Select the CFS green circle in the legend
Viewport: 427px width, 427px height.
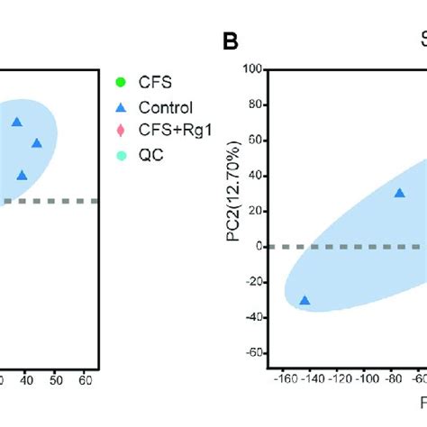click(x=120, y=84)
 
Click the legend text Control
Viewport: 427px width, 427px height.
click(x=166, y=107)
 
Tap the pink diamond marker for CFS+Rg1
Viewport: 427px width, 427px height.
click(x=120, y=131)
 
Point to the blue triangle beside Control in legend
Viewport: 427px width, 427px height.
click(x=120, y=107)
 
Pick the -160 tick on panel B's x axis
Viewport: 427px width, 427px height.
click(x=284, y=379)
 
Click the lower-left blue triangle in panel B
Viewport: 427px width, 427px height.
click(x=304, y=301)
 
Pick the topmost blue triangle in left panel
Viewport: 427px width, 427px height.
click(x=16, y=122)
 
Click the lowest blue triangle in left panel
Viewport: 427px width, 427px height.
click(x=22, y=175)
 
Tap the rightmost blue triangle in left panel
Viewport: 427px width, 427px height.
click(x=37, y=142)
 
